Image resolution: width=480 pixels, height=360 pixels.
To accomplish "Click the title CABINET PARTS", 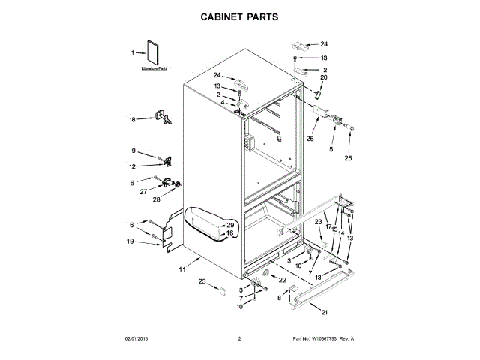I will point(239,16).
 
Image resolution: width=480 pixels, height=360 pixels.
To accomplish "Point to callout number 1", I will point(133,52).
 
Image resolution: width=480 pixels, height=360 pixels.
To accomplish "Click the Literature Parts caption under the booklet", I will point(152,68).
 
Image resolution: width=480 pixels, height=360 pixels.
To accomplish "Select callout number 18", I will point(132,119).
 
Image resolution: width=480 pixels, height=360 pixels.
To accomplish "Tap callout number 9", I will point(133,151).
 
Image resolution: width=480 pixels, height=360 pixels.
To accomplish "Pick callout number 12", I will point(132,166).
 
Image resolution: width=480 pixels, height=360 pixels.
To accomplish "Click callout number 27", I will point(142,191).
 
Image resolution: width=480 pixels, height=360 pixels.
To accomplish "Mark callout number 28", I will point(157,199).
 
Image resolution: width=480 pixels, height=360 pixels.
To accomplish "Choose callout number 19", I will point(130,241).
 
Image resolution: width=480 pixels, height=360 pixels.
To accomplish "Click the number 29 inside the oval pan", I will point(230,225).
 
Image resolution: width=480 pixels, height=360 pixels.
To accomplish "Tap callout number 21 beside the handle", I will point(325,312).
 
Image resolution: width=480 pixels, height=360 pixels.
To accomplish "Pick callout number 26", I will point(310,138).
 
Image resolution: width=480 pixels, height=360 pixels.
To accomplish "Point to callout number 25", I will point(348,158).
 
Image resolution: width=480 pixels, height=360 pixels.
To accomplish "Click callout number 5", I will point(331,149).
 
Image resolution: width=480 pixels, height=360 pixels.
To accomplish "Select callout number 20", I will point(324,77).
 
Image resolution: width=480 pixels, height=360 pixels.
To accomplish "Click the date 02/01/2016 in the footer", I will point(136,339).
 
